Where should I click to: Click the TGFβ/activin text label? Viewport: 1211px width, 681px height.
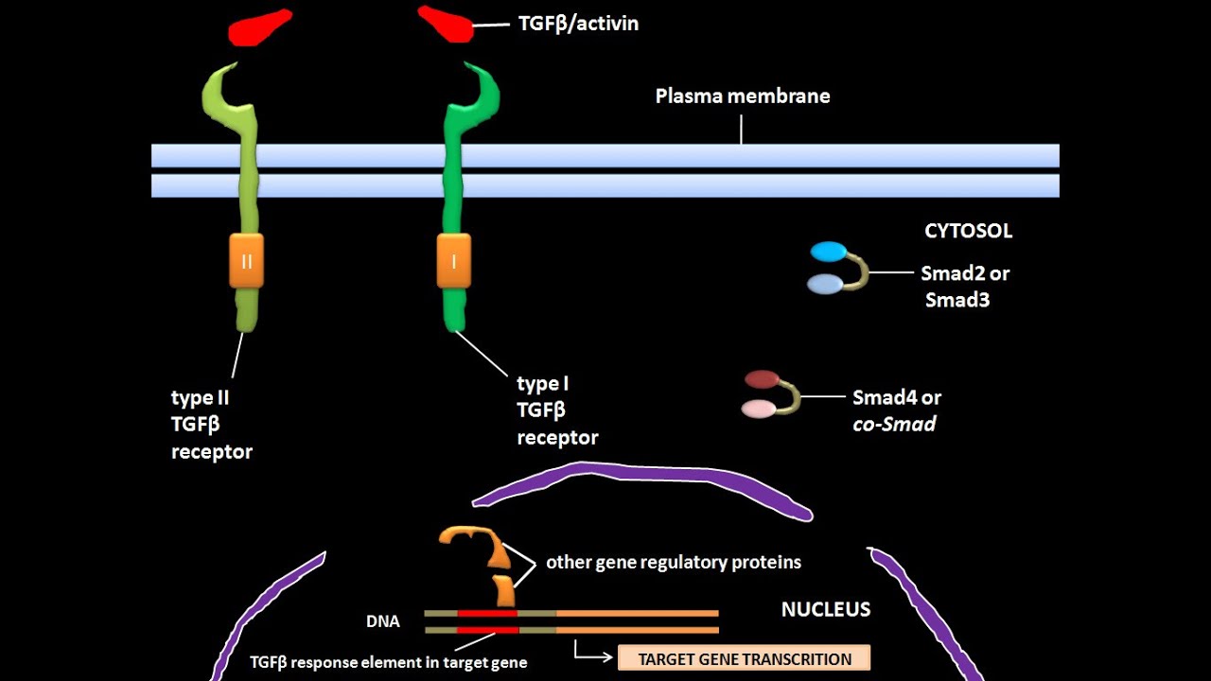tap(578, 24)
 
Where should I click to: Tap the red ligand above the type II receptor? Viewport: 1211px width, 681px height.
tap(259, 27)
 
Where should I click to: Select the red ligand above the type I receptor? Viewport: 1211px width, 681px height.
tap(447, 25)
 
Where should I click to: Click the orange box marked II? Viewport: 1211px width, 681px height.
tap(246, 261)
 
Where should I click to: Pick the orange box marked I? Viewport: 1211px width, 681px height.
tap(453, 261)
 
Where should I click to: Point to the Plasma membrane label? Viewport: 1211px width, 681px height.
tap(743, 96)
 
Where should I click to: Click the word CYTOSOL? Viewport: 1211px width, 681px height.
tap(968, 231)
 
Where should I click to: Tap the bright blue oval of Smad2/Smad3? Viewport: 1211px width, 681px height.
tap(829, 252)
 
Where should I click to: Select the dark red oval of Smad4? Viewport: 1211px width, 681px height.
tap(762, 379)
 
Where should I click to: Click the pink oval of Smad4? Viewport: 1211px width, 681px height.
tap(759, 409)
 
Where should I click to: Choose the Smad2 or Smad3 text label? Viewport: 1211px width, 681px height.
tap(965, 287)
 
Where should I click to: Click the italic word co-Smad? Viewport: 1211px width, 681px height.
tap(894, 424)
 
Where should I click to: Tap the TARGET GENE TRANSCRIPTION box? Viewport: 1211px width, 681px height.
tap(744, 658)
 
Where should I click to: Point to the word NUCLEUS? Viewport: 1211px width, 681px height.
tap(825, 609)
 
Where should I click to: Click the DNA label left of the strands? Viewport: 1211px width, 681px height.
tap(382, 621)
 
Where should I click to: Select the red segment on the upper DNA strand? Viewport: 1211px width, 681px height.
tap(488, 613)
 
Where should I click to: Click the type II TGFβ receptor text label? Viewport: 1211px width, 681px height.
tap(212, 425)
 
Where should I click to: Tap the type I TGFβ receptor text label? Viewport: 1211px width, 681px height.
tap(557, 410)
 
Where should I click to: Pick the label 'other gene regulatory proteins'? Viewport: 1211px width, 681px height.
tap(673, 562)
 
